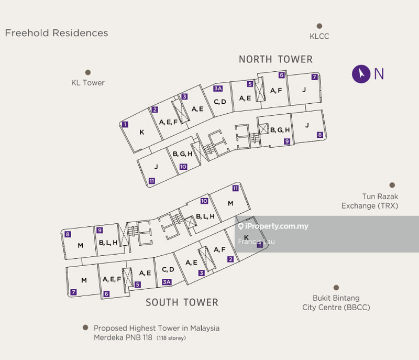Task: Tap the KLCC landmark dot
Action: click(x=319, y=26)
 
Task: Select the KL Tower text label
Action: click(x=88, y=82)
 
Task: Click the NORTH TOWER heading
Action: click(x=275, y=59)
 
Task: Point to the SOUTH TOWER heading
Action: click(x=182, y=302)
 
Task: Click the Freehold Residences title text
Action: click(x=57, y=33)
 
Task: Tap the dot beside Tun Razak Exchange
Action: click(x=392, y=185)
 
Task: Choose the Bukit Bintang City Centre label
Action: click(x=336, y=303)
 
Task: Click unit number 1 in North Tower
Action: click(x=125, y=125)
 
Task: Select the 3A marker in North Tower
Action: click(x=218, y=89)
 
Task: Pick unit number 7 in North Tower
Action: click(x=314, y=77)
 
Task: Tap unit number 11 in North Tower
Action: click(x=151, y=181)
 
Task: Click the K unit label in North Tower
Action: click(x=141, y=132)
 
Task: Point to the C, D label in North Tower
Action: click(x=219, y=102)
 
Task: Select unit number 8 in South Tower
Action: click(x=68, y=234)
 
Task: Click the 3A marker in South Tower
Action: click(x=167, y=282)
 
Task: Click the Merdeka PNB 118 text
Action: click(x=124, y=338)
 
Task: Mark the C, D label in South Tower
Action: click(x=168, y=269)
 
